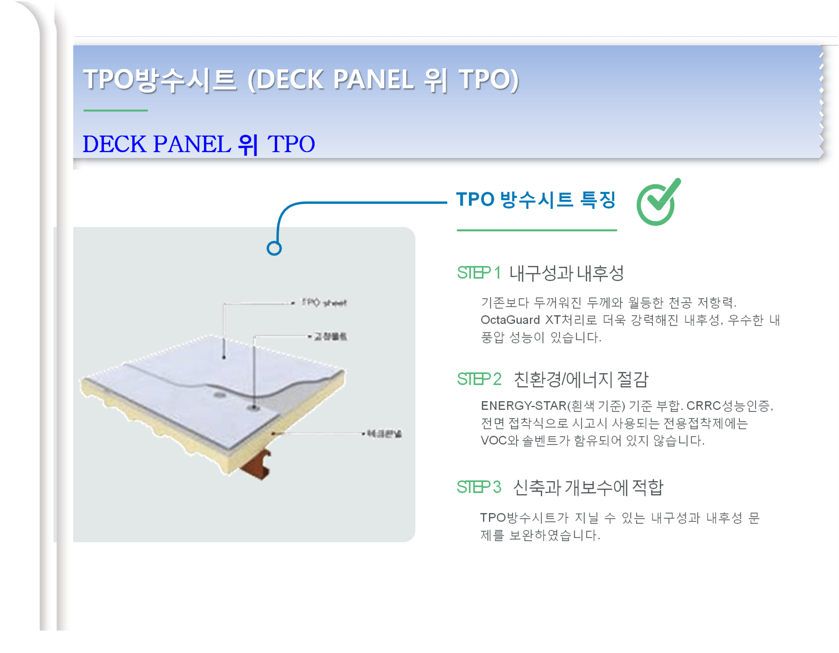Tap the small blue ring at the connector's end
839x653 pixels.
pyautogui.click(x=274, y=248)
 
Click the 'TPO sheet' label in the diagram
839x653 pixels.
pyautogui.click(x=324, y=303)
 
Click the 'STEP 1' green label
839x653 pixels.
pyautogui.click(x=478, y=273)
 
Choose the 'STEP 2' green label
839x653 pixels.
pyautogui.click(x=479, y=379)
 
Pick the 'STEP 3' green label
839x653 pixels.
pyautogui.click(x=479, y=487)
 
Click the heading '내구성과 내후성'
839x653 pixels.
pyautogui.click(x=567, y=273)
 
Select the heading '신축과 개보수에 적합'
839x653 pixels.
pyautogui.click(x=588, y=487)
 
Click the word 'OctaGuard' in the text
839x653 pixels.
pyautogui.click(x=510, y=320)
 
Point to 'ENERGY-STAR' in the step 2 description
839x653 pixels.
pyautogui.click(x=524, y=406)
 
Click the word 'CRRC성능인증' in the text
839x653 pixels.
pyautogui.click(x=728, y=406)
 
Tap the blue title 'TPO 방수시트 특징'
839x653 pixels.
pyautogui.click(x=536, y=200)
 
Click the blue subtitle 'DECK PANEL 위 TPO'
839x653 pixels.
pyautogui.click(x=199, y=144)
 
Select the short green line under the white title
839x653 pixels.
pyautogui.click(x=115, y=111)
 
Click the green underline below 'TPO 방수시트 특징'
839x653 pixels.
pyautogui.click(x=537, y=230)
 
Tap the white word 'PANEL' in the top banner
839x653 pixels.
pyautogui.click(x=373, y=80)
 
